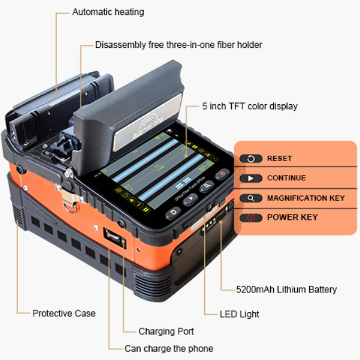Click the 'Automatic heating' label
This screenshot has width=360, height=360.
108,12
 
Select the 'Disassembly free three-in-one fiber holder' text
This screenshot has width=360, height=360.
179,45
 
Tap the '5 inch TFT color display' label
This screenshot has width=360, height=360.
250,106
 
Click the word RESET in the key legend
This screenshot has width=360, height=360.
279,159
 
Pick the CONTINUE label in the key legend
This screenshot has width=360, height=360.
286,178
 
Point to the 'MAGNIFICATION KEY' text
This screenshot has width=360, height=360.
305,198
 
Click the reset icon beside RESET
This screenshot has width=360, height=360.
251,159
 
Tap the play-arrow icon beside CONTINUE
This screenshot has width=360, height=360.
251,179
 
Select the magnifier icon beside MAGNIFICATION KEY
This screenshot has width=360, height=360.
251,198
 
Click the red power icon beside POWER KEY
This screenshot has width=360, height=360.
251,217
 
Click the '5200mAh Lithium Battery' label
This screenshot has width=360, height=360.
286,289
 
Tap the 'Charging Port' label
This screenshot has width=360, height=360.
166,331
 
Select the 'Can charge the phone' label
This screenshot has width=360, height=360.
168,348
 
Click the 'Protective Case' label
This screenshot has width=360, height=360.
63,313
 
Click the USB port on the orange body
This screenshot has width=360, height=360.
111,235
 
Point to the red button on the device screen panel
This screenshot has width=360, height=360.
222,174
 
